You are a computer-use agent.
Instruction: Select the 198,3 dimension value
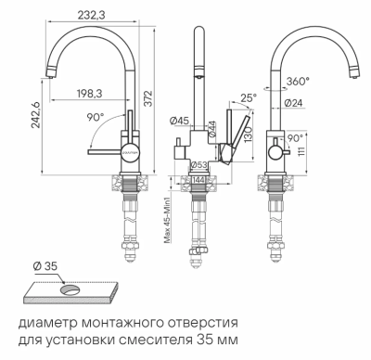tap(90, 93)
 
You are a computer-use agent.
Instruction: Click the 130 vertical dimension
tap(248, 135)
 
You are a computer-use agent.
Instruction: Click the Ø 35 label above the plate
tap(44, 267)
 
